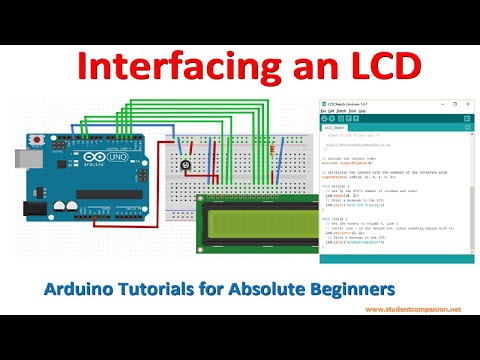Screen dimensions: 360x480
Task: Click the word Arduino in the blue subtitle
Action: tap(80, 288)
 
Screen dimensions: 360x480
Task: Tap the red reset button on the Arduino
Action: tap(39, 136)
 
